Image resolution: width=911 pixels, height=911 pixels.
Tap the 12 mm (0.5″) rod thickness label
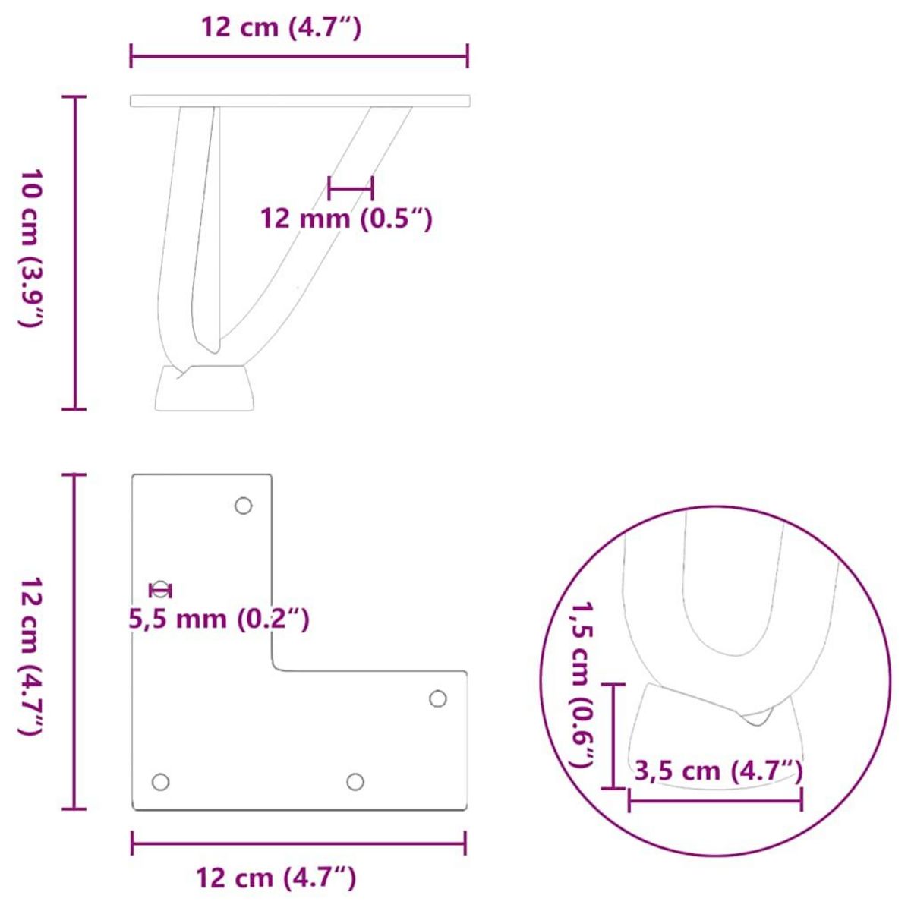point(346,219)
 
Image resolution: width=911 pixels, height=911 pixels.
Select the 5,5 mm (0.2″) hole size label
point(219,619)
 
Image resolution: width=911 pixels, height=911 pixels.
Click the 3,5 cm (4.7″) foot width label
point(718,771)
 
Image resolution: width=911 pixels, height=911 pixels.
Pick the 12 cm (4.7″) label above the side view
point(281,28)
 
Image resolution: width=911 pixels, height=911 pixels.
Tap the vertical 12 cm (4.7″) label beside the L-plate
point(30,654)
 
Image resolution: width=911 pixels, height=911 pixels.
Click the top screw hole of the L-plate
point(243,506)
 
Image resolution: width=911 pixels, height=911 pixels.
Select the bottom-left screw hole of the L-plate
point(160,781)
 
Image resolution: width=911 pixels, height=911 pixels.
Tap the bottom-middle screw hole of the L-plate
point(355,781)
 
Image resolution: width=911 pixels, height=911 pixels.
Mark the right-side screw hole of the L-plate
point(438,698)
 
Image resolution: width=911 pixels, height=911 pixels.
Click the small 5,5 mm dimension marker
point(161,590)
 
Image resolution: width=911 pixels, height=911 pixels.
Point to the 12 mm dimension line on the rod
point(350,187)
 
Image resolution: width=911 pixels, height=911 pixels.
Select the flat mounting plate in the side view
point(300,101)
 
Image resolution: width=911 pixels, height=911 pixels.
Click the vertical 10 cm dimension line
point(74,253)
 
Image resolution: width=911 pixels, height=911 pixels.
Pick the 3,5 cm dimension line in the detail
point(715,799)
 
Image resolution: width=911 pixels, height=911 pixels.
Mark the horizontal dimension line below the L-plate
point(298,843)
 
